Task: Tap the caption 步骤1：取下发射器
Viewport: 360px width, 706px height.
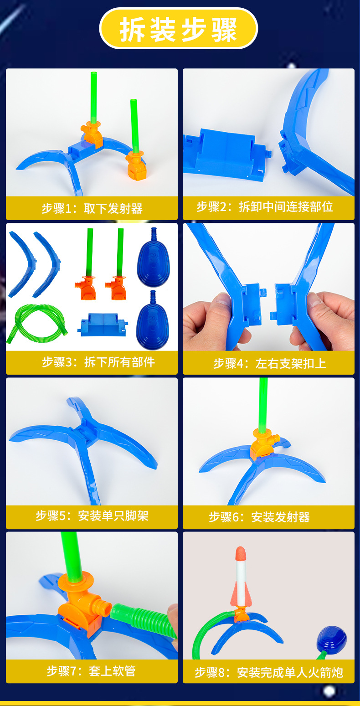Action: tap(92, 209)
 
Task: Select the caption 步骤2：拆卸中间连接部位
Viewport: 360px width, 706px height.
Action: tap(265, 207)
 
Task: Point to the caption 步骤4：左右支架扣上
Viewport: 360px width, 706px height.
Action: tap(269, 363)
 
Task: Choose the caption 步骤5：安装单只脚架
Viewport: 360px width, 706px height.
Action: tap(92, 516)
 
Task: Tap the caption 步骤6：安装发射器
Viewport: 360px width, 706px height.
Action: tap(259, 517)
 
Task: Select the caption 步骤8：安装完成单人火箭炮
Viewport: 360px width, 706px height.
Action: tap(268, 672)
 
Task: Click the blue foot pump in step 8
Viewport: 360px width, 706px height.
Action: tap(332, 641)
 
